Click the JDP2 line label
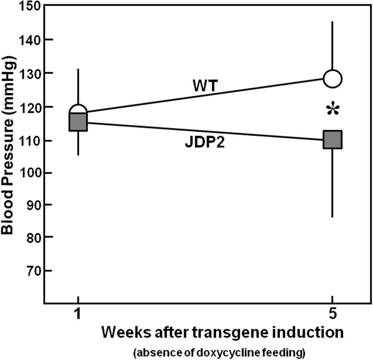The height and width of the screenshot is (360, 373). tap(205, 143)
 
